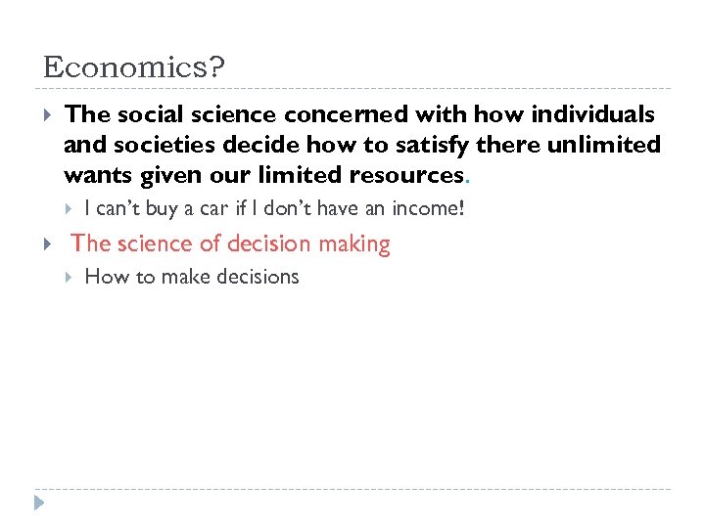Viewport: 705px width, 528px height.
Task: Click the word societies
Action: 150,145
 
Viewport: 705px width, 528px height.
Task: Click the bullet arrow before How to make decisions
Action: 68,277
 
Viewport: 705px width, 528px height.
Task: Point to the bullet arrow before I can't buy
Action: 68,208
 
